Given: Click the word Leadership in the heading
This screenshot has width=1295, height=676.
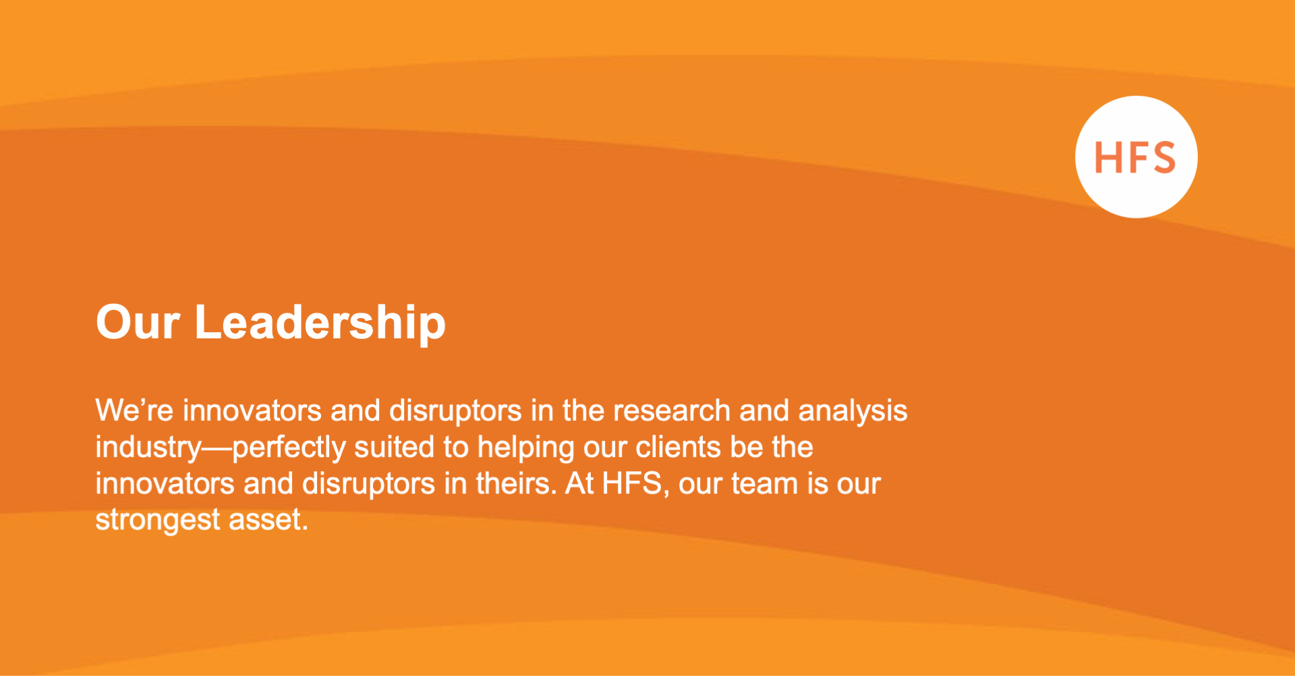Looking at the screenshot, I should [x=320, y=323].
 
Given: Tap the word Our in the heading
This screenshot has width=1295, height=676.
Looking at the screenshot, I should [x=138, y=323].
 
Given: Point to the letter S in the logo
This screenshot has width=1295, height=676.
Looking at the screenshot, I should [x=1162, y=158].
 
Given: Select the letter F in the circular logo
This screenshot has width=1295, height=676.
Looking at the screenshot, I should [x=1135, y=158].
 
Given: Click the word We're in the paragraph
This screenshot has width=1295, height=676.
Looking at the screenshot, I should [x=134, y=410].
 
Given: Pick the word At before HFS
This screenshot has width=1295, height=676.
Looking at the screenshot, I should [x=579, y=483].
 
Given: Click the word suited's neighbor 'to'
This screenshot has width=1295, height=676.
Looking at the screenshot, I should [x=455, y=447].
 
